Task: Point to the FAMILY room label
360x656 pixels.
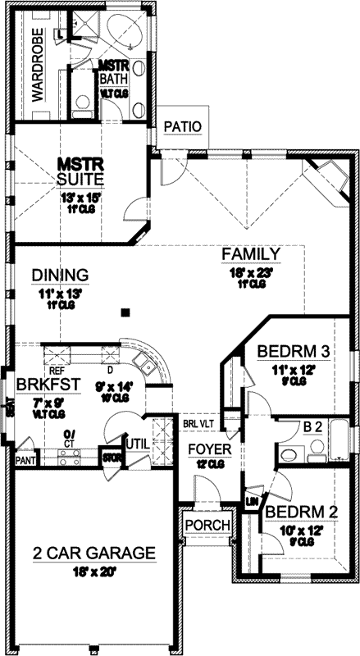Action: [x=251, y=254]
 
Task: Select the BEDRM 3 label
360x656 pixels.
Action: [x=293, y=352]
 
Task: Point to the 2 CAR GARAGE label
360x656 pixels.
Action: [x=93, y=553]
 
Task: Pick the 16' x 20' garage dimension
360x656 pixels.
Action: [x=93, y=571]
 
